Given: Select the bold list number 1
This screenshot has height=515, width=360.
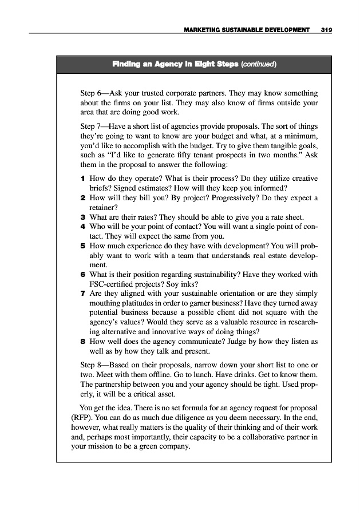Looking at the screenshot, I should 84,179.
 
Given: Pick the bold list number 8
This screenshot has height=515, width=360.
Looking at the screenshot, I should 84,341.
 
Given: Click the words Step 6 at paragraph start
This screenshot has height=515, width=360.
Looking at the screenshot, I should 94,93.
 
